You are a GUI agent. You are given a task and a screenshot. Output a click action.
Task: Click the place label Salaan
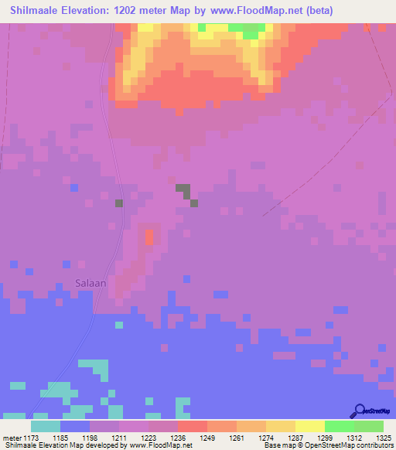pyautogui.click(x=90, y=283)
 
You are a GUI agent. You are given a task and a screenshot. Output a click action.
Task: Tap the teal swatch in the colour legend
pyautogui.click(x=46, y=426)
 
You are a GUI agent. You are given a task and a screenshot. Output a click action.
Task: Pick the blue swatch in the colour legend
pyautogui.click(x=75, y=426)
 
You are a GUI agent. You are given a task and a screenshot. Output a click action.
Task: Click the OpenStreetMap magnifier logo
pyautogui.click(x=359, y=411)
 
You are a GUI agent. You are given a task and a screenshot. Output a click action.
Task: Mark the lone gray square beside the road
pyautogui.click(x=119, y=203)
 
